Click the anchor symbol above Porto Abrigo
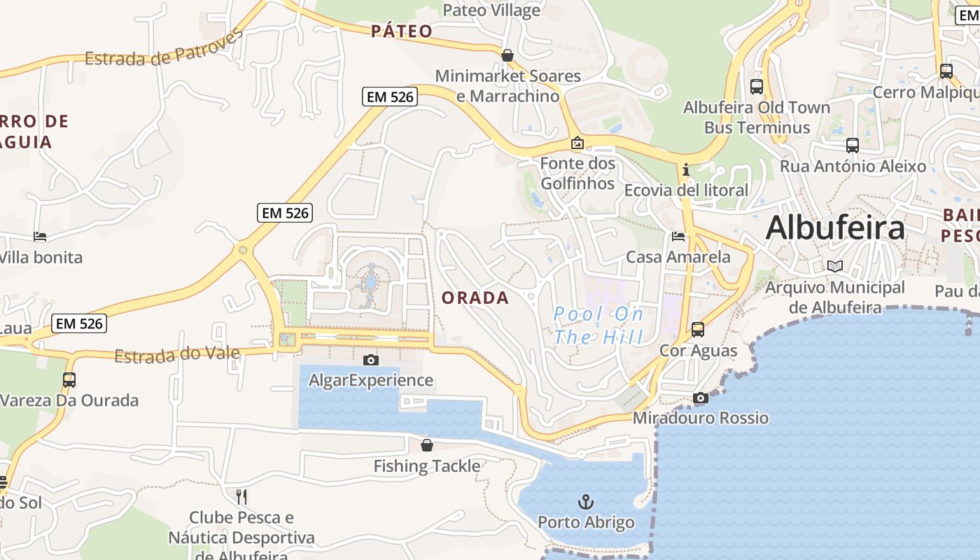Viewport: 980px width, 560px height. click(x=585, y=501)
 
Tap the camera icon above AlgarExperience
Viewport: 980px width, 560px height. click(x=371, y=360)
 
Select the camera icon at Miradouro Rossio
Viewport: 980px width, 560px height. click(x=700, y=398)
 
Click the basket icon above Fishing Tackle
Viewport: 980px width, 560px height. click(x=427, y=444)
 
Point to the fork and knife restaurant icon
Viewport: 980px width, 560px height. click(x=241, y=497)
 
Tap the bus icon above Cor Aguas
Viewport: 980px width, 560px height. click(x=697, y=329)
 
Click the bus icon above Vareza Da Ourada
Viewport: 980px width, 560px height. click(x=69, y=379)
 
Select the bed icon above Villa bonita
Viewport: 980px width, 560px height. click(x=40, y=237)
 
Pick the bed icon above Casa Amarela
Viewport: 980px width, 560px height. click(x=678, y=237)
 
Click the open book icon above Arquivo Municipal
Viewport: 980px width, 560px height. click(x=834, y=266)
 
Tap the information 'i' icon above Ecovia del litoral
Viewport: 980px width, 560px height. click(x=685, y=169)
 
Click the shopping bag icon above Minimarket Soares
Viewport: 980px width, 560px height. click(x=507, y=55)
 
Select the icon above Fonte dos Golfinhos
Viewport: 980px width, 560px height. click(x=577, y=143)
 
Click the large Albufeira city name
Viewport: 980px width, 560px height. click(x=835, y=228)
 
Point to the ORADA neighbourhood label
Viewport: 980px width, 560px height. click(x=475, y=297)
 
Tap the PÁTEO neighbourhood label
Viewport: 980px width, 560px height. click(x=401, y=31)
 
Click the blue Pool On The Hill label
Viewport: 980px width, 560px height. click(x=598, y=325)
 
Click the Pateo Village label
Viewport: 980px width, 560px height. click(x=491, y=10)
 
